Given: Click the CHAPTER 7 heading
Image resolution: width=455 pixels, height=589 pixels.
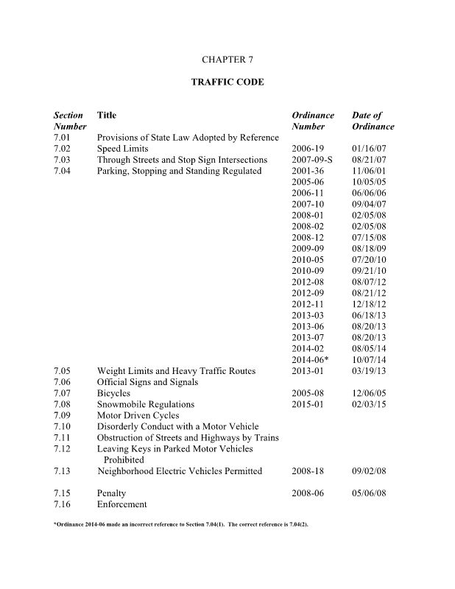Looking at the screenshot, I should click(x=227, y=57).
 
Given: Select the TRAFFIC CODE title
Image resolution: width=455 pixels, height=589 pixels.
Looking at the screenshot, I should click(x=227, y=82).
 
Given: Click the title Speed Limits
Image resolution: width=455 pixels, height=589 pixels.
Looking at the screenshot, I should click(x=123, y=149).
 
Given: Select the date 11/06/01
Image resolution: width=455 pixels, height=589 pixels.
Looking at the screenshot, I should click(x=369, y=172).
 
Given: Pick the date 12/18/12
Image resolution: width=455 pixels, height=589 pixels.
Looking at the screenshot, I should click(x=369, y=304).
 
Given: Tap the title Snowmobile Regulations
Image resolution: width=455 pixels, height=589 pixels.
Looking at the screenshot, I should click(x=146, y=404).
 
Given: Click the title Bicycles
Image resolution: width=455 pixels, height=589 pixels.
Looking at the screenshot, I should click(x=114, y=393).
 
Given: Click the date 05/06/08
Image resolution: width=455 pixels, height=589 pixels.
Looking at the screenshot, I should click(x=369, y=493).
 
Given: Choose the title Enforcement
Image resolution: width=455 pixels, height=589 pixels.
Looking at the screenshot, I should click(x=122, y=504).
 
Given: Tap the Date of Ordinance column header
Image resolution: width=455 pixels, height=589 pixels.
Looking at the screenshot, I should click(x=373, y=121).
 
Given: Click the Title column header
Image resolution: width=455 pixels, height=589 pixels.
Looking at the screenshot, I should click(x=107, y=116).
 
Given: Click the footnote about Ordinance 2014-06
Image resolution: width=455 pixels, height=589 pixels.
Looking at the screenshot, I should click(x=183, y=526).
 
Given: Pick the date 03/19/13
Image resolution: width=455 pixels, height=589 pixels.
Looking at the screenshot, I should click(x=369, y=371).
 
